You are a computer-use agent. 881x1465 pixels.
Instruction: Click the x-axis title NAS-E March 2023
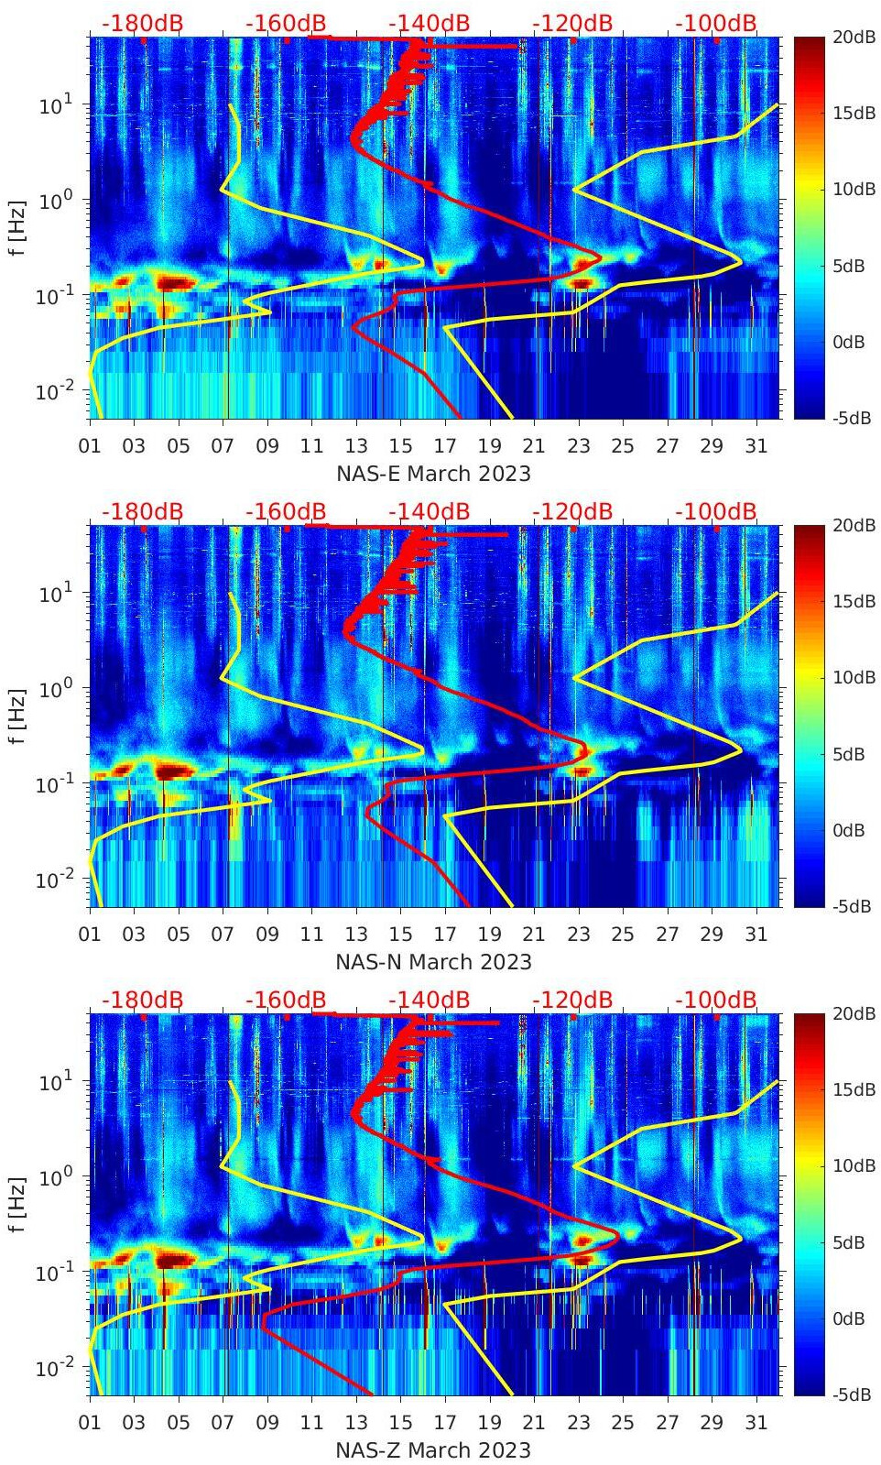433,474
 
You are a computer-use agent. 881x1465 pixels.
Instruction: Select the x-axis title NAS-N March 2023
433,962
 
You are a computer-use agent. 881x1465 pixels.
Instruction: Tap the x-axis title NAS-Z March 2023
433,1450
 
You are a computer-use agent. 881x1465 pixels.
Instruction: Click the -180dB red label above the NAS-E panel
142,23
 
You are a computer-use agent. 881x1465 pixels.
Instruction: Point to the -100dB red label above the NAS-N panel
716,511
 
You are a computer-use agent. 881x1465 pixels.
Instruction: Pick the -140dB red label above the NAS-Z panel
429,1000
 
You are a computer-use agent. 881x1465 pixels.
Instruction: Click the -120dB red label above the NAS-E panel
572,23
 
